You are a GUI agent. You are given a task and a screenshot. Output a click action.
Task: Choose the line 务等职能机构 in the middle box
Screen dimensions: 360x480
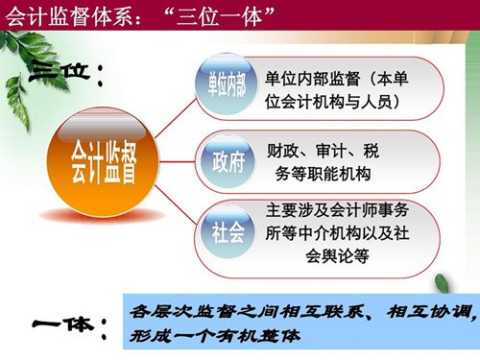coord(323,174)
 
